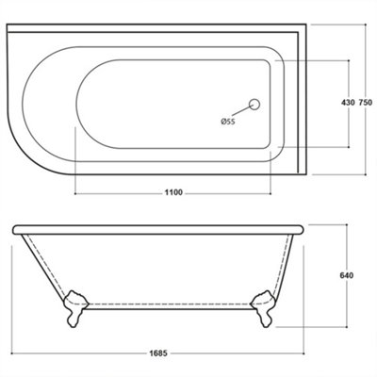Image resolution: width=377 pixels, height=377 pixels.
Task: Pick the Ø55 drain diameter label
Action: point(227,121)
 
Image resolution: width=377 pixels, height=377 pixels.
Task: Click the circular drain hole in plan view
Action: point(254,104)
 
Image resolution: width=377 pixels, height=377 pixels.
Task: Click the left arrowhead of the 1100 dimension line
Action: point(75,192)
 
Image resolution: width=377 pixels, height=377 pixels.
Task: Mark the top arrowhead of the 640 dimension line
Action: point(346,227)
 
